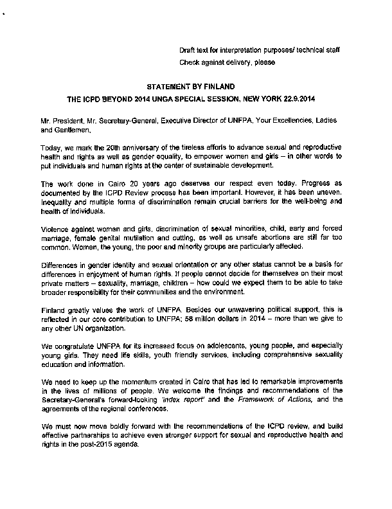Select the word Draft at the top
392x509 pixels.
click(x=189, y=50)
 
